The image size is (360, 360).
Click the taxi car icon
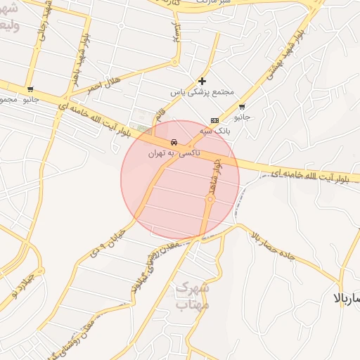[x=174, y=142]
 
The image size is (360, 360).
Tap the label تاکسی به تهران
[x=174, y=152]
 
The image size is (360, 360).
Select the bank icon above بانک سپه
[x=214, y=120]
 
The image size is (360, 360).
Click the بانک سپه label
[x=214, y=130]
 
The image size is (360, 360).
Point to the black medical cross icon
[x=202, y=81]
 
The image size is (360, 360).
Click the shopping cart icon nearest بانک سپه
[x=242, y=107]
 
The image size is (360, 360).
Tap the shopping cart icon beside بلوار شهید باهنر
[x=30, y=89]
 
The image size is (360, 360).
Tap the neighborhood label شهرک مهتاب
[x=191, y=295]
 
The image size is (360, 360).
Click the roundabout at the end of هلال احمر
[x=175, y=63]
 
